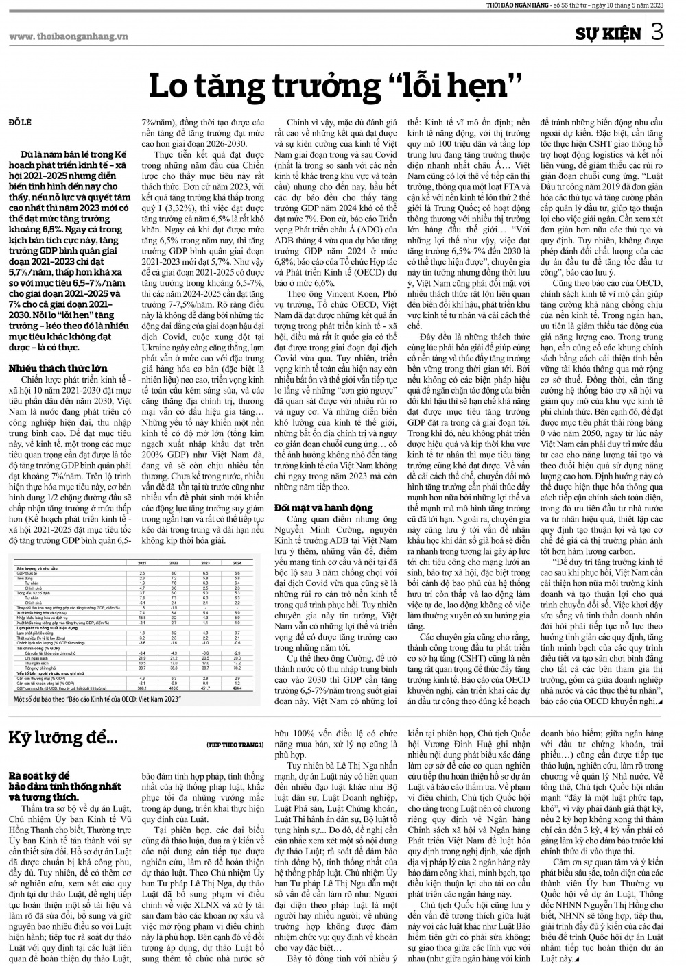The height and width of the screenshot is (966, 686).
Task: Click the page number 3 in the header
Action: [x=657, y=32]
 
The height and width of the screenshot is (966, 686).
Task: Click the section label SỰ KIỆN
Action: [x=608, y=33]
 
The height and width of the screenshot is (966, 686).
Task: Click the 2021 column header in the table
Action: [x=142, y=563]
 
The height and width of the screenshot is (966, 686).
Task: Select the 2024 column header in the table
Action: [x=237, y=563]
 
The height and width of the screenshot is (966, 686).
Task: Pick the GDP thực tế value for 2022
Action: [x=174, y=573]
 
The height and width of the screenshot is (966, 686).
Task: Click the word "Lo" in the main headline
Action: [x=170, y=86]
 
